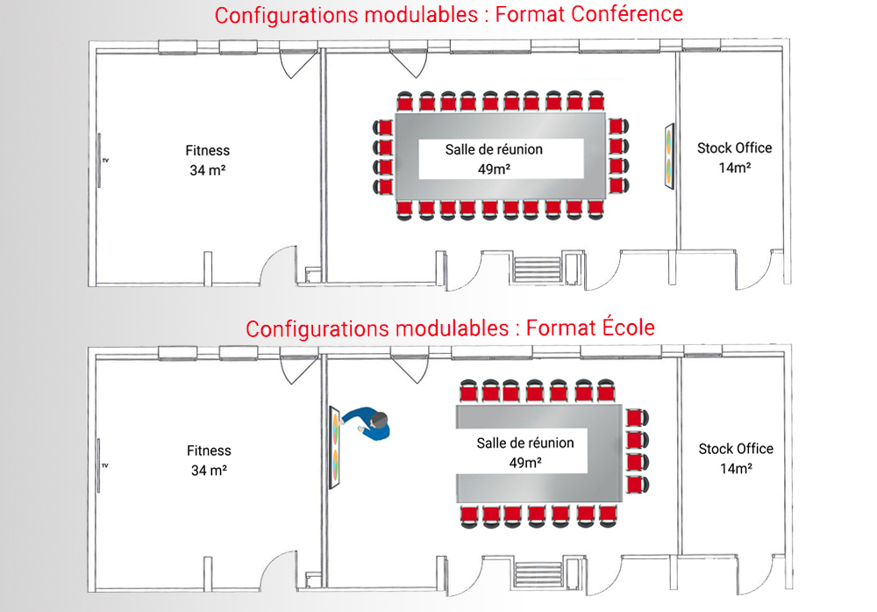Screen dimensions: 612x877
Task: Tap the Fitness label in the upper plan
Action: coord(208,150)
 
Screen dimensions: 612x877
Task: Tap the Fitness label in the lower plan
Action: coord(209,450)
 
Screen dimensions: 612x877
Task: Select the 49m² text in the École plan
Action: coord(525,462)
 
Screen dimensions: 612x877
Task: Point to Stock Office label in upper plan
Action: coord(735,148)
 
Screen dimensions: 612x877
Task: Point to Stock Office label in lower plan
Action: coord(736,449)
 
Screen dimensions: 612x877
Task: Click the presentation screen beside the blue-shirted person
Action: coord(336,448)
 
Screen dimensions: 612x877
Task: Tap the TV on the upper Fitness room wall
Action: coord(100,160)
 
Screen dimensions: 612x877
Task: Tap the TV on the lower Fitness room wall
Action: coord(100,462)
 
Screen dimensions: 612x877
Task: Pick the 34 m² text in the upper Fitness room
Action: coord(208,170)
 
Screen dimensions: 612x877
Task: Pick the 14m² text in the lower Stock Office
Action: coord(735,468)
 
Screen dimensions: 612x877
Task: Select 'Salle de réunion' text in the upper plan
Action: coord(494,149)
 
